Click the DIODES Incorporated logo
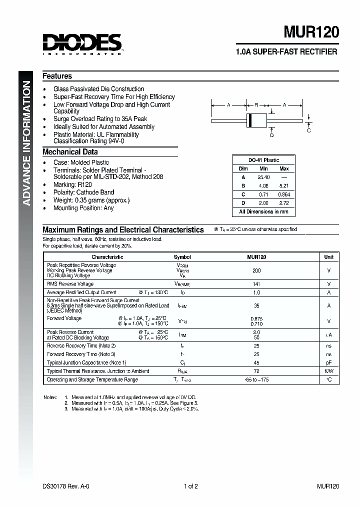(82, 43)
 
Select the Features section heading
(57, 76)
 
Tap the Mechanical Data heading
(70, 152)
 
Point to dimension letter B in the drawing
(256, 105)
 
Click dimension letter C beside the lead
(309, 130)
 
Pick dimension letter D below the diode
(272, 135)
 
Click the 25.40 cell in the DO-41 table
(263, 177)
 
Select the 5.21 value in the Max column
(284, 186)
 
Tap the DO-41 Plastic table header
(264, 160)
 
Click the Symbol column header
(182, 257)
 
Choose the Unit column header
(328, 257)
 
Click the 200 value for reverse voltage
(256, 270)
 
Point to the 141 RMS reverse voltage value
(256, 284)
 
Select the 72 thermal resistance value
(256, 371)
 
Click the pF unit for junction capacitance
(328, 362)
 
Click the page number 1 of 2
(191, 486)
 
